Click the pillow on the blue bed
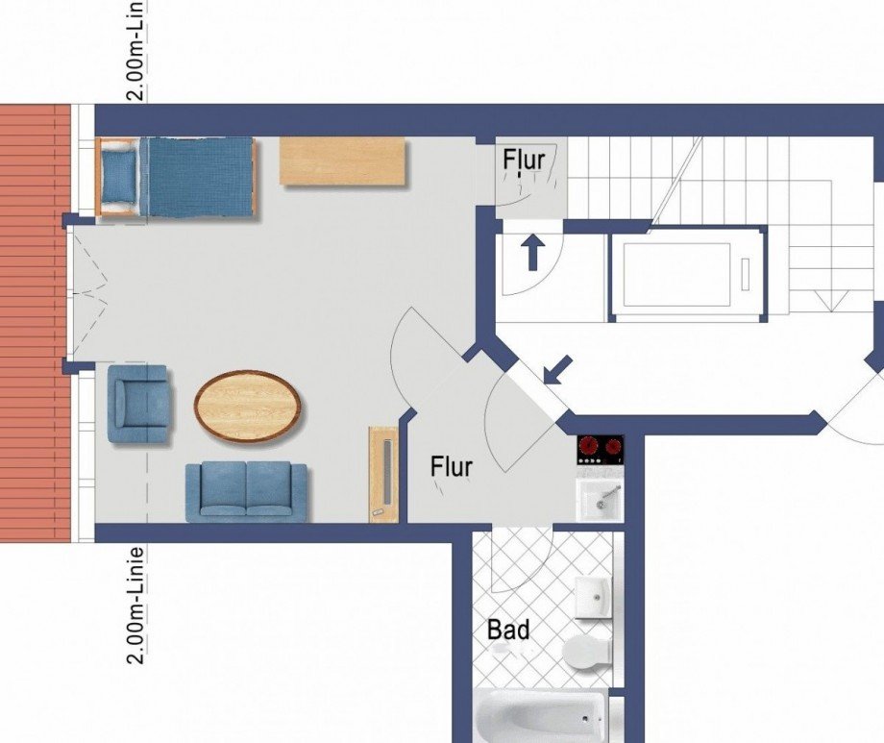(x=120, y=176)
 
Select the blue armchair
(x=140, y=405)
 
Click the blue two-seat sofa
(x=246, y=491)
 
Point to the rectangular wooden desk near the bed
(x=343, y=161)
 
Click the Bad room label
(x=508, y=631)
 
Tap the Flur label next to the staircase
(x=524, y=160)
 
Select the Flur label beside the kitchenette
(x=452, y=467)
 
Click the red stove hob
(x=601, y=449)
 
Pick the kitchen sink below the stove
(x=600, y=501)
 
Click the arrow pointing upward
(x=530, y=255)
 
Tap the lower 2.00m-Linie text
(x=137, y=605)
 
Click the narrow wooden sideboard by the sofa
(x=383, y=474)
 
